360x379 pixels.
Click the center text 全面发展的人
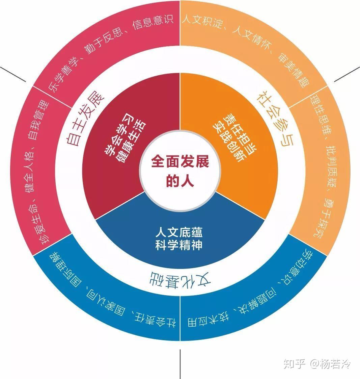[180, 171]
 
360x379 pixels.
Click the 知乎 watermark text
[294, 364]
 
